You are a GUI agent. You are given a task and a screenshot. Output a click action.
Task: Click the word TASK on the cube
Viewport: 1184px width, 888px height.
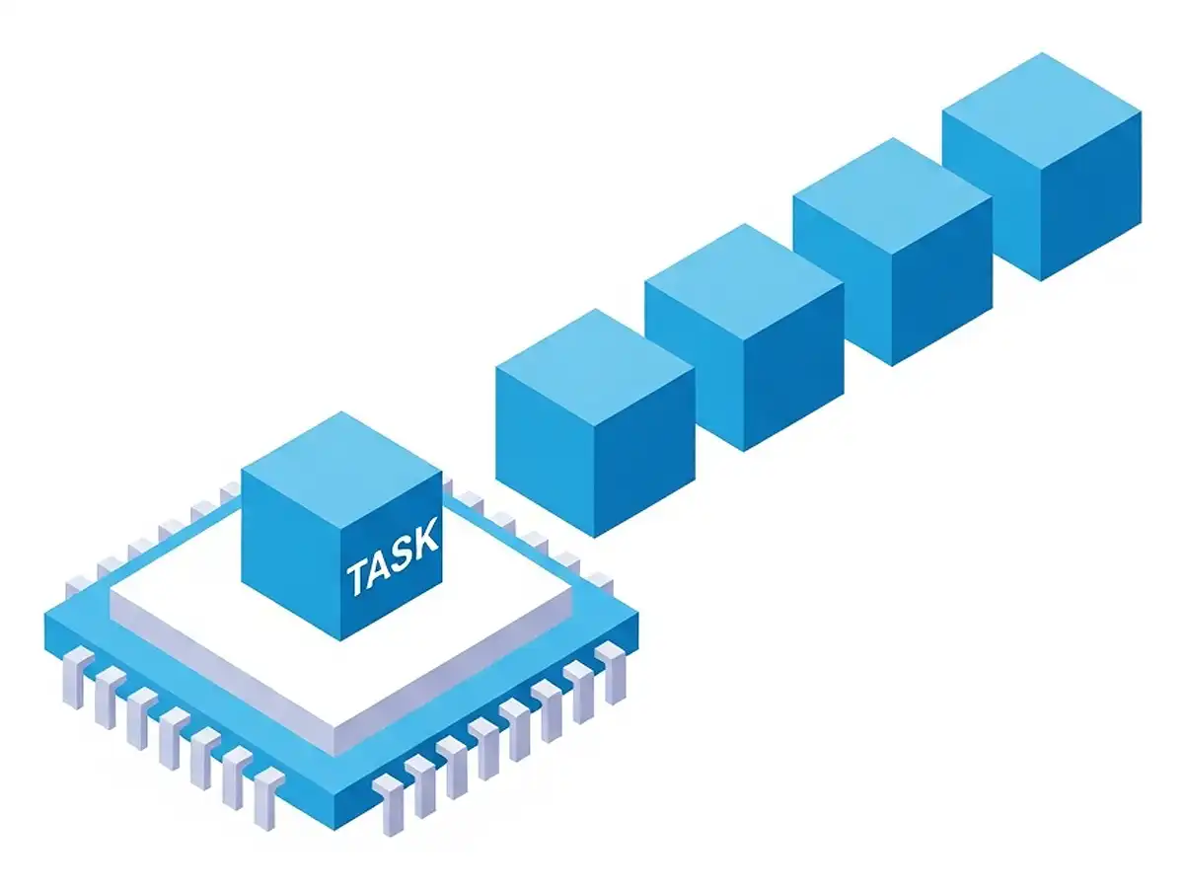coord(393,560)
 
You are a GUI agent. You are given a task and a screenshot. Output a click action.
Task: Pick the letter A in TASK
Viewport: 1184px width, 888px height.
coord(380,568)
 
